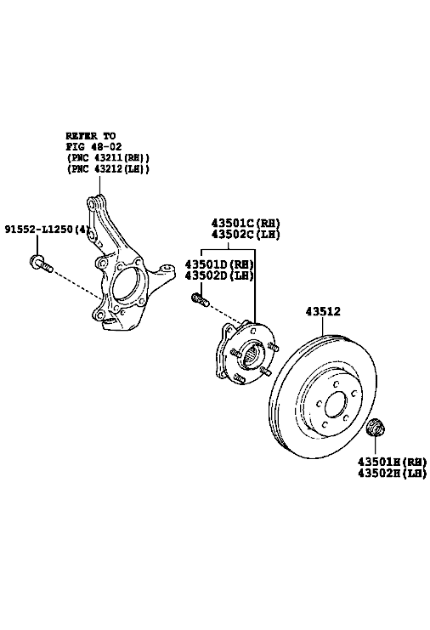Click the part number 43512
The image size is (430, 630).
[323, 311]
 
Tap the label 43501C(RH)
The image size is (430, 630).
[246, 223]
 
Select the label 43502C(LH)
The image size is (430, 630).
[246, 235]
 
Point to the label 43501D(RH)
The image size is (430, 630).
[219, 264]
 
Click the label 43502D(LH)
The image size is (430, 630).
[219, 275]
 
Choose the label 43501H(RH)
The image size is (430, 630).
[392, 462]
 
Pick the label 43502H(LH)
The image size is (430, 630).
[392, 474]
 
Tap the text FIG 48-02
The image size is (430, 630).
[93, 146]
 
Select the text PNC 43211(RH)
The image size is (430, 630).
[108, 158]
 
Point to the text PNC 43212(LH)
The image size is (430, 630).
[108, 169]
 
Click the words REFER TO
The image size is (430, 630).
[91, 136]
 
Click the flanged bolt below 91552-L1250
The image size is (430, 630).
[41, 264]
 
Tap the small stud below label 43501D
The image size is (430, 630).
[200, 300]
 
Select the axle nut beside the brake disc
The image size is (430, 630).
[376, 428]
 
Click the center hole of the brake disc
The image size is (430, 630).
[336, 405]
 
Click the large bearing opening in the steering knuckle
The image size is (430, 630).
[127, 285]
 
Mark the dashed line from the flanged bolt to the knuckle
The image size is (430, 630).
[77, 285]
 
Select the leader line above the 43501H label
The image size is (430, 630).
[376, 446]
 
